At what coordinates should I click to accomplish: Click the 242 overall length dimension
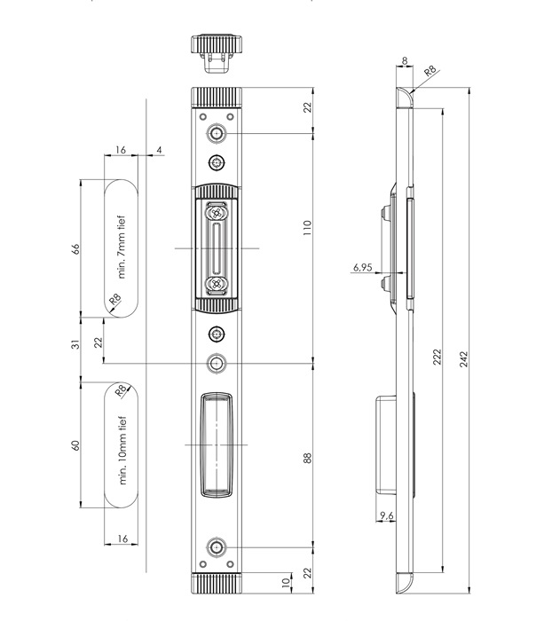tap(464, 358)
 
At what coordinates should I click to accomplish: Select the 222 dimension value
tap(437, 357)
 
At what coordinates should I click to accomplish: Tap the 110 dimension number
tap(307, 228)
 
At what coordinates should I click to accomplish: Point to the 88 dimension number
tap(307, 458)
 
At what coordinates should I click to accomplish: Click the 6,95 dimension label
tap(363, 267)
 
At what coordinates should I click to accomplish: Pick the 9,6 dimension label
tap(387, 515)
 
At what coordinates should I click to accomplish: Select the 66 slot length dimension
tap(75, 248)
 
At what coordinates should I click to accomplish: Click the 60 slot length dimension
tap(75, 445)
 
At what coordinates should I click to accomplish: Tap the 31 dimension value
tap(75, 344)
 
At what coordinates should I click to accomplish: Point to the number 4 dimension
tap(159, 150)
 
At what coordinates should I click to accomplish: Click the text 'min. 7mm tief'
tap(122, 248)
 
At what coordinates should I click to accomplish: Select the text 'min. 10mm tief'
tap(122, 451)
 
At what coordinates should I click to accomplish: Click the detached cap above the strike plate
tap(217, 53)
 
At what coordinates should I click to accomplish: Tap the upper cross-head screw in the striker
tap(217, 214)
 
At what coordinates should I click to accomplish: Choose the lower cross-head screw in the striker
tap(217, 283)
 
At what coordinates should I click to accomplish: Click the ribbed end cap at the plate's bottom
tap(217, 583)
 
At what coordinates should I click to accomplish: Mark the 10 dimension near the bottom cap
tap(286, 583)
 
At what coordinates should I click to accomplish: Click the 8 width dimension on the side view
tap(405, 60)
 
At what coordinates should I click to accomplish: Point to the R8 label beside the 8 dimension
tap(430, 71)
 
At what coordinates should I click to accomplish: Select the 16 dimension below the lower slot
tap(122, 538)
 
